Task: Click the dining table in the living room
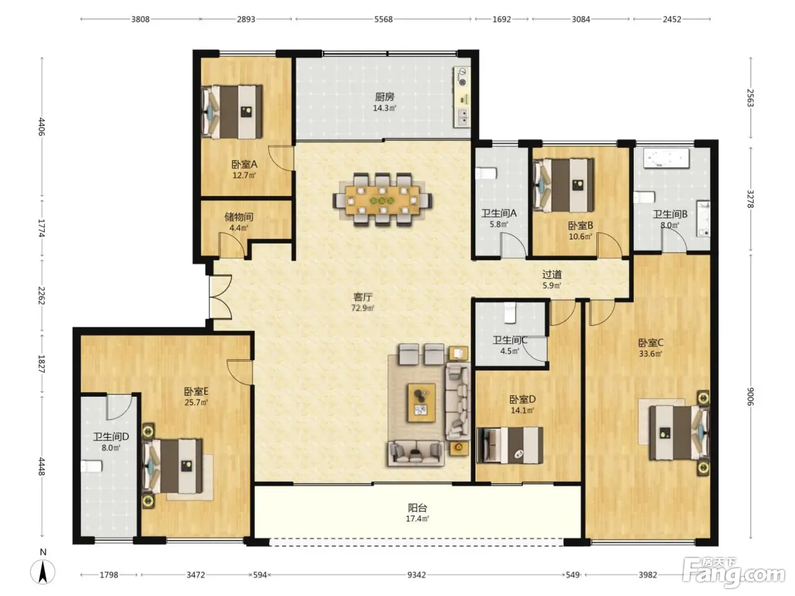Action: coord(383,200)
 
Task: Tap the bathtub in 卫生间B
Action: coord(666,158)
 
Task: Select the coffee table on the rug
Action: coord(421,403)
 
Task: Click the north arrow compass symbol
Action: coord(43,572)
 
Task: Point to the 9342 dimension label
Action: coord(416,574)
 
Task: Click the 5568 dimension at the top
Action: coord(383,19)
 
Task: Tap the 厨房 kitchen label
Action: coord(384,97)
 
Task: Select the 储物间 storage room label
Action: coord(238,217)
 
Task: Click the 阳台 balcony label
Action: coord(417,507)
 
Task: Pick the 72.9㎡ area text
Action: coord(362,308)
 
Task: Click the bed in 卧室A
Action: coord(232,112)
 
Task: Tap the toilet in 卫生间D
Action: coord(91,467)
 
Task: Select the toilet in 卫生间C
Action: coord(509,313)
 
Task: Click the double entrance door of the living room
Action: coord(220,297)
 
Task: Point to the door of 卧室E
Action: coord(240,372)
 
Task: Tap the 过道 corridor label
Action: coord(552,275)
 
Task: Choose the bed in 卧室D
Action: coord(510,445)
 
